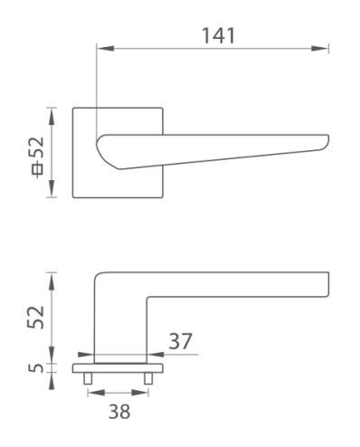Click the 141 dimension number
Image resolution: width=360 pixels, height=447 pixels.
pyautogui.click(x=218, y=35)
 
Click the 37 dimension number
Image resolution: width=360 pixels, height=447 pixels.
pyautogui.click(x=180, y=341)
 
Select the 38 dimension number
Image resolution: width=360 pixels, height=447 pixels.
pyautogui.click(x=119, y=412)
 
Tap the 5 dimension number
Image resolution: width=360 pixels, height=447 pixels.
pyautogui.click(x=36, y=367)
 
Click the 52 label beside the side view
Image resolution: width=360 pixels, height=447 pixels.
pyautogui.click(x=36, y=318)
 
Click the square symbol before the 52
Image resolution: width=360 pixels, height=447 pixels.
pyautogui.click(x=38, y=171)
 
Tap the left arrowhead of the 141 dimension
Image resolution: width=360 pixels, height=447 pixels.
pyautogui.click(x=105, y=48)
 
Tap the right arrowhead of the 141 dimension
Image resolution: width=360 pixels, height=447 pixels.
pyautogui.click(x=319, y=48)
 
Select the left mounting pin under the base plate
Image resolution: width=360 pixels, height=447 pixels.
pyautogui.click(x=88, y=378)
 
